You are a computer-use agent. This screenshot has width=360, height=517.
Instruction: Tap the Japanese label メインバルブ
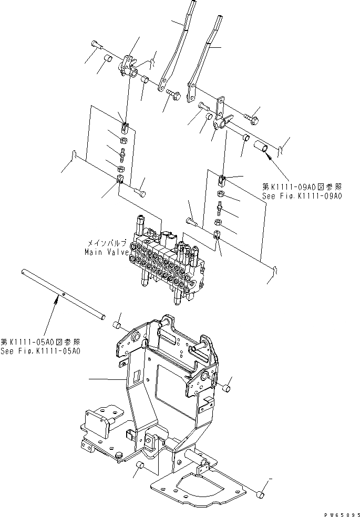[x=107, y=243]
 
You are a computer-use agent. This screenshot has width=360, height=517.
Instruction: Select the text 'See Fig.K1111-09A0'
[x=302, y=195]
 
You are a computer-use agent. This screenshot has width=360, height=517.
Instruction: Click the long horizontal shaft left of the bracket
[x=63, y=294]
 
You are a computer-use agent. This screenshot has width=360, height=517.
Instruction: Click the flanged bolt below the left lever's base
[x=173, y=95]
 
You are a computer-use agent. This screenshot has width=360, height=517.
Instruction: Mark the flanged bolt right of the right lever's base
[x=252, y=119]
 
